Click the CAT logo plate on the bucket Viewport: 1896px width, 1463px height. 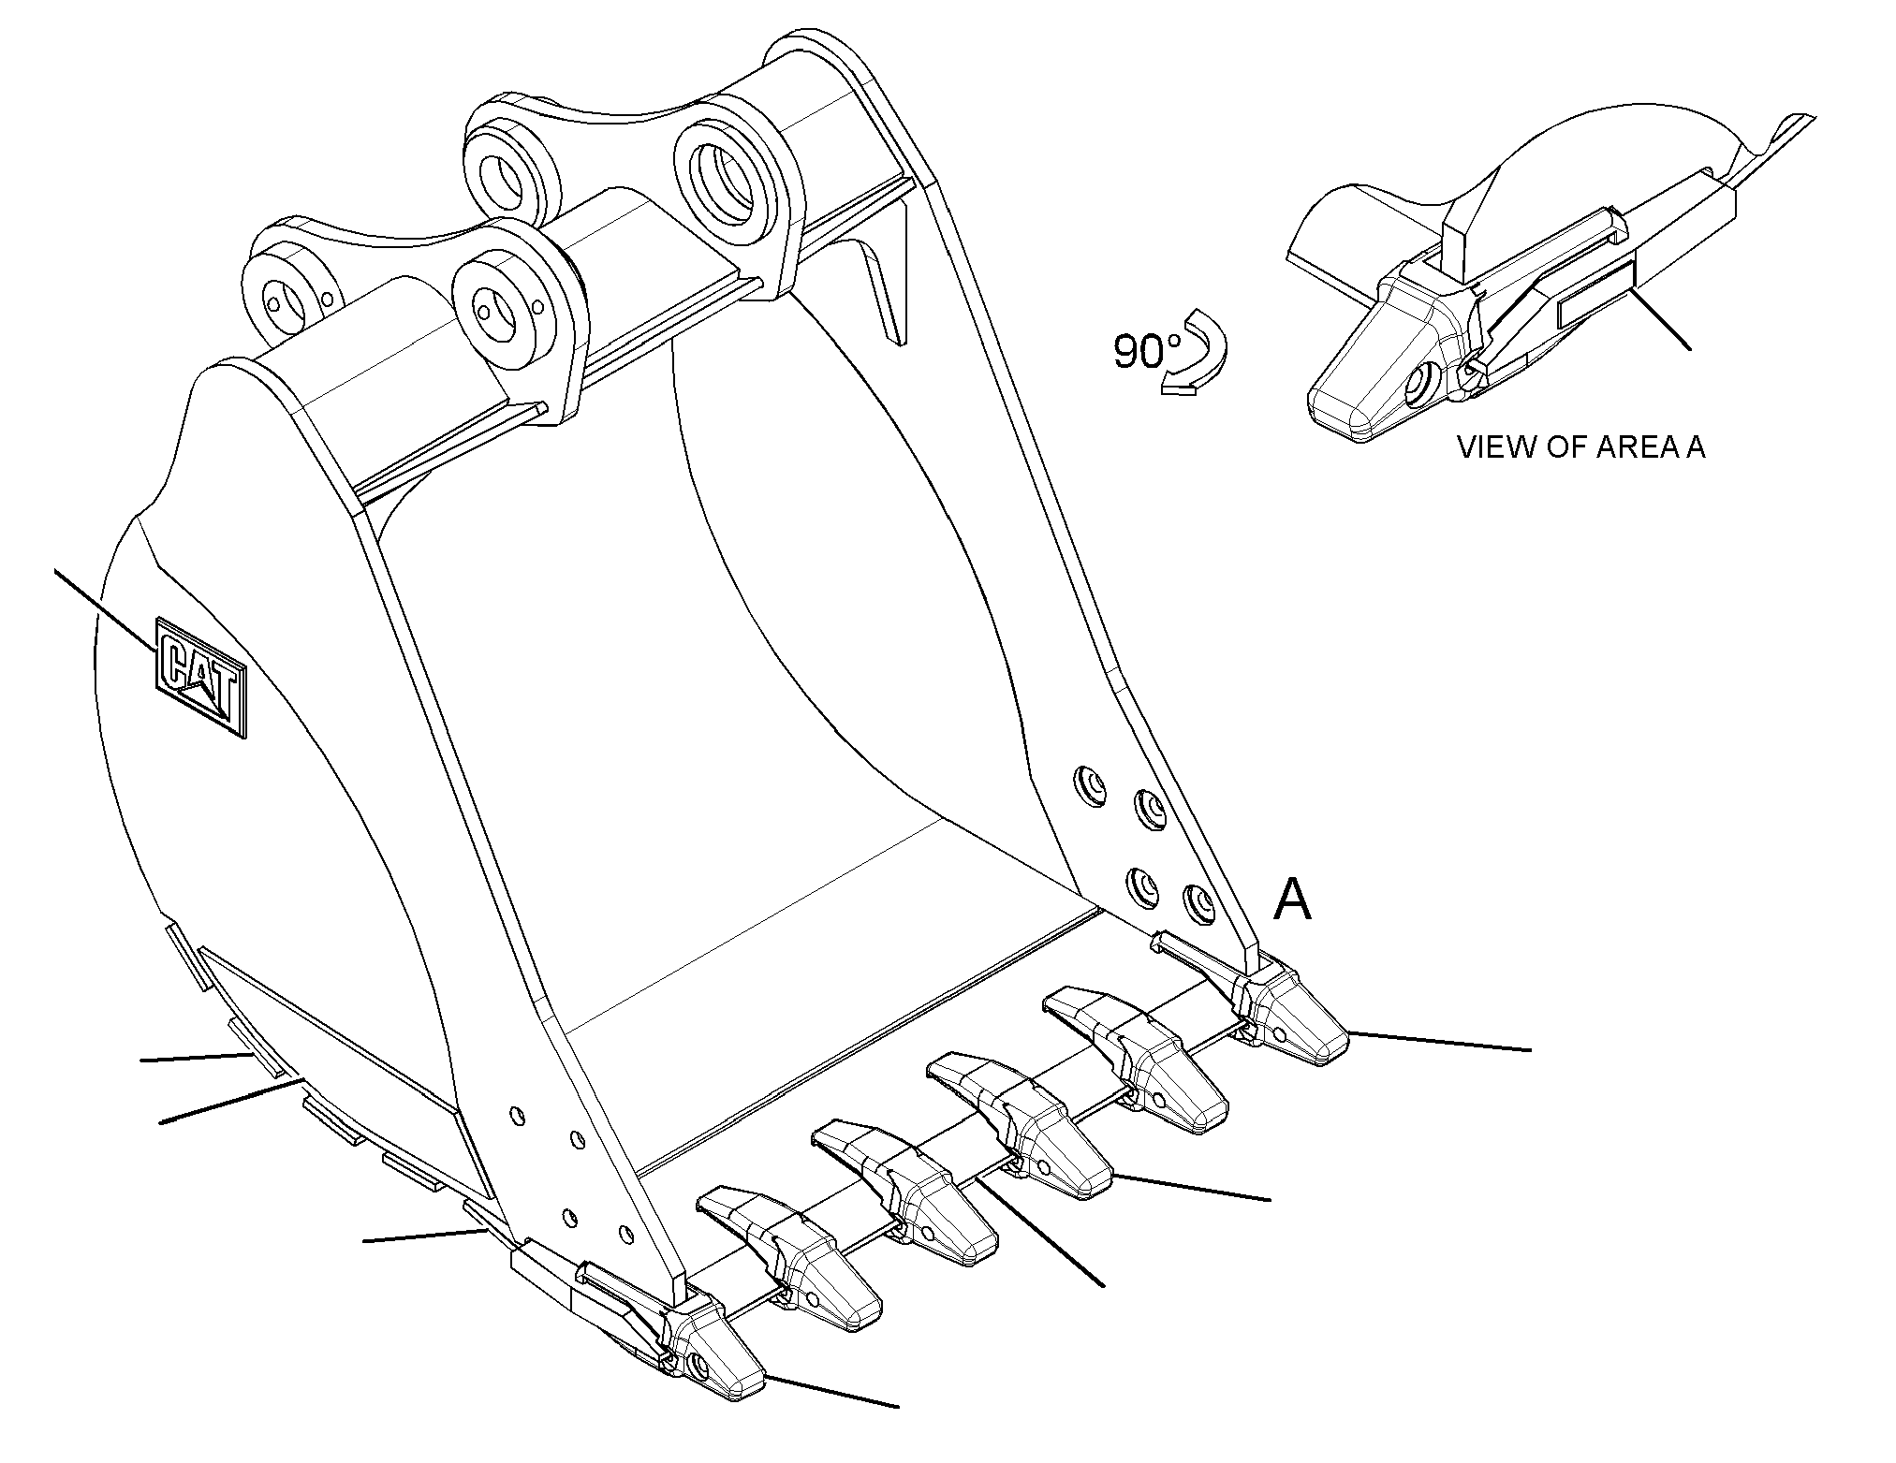point(201,678)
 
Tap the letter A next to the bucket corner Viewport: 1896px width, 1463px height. point(1293,900)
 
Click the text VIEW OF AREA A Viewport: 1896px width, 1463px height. point(1581,447)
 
